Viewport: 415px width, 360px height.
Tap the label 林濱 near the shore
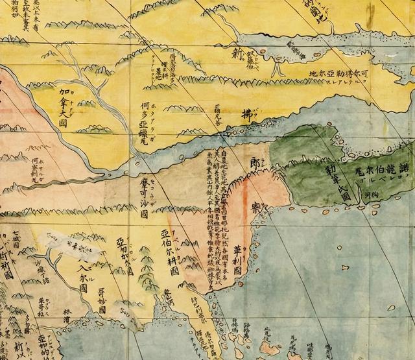point(69,315)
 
